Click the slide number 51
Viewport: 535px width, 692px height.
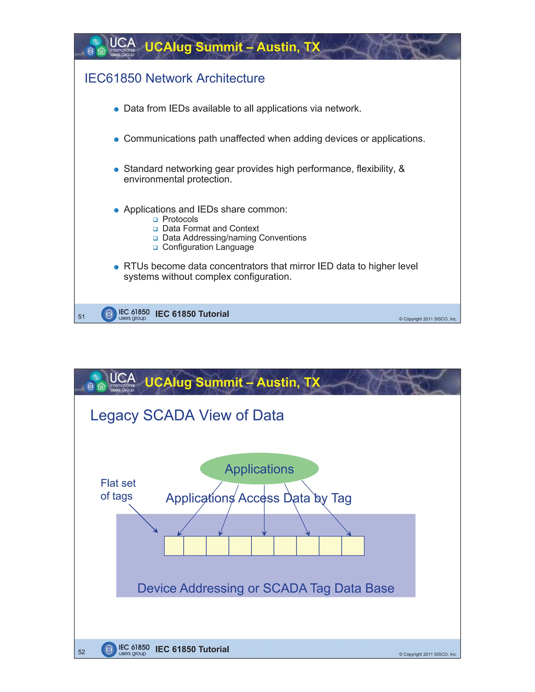[x=82, y=316]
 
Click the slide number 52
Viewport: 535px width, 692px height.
[x=82, y=652]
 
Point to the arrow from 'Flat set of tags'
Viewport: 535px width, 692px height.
[x=143, y=518]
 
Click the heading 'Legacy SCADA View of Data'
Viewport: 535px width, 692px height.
[x=187, y=415]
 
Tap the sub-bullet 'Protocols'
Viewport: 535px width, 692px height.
[x=180, y=219]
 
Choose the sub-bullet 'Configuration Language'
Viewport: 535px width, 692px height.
[x=208, y=247]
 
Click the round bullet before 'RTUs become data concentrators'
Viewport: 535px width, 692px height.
[x=116, y=267]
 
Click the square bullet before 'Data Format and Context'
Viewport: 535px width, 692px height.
[x=155, y=229]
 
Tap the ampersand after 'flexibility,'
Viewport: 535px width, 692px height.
[x=402, y=169]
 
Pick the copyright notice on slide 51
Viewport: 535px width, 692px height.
[x=428, y=319]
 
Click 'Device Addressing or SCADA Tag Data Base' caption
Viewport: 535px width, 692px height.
[x=266, y=588]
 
